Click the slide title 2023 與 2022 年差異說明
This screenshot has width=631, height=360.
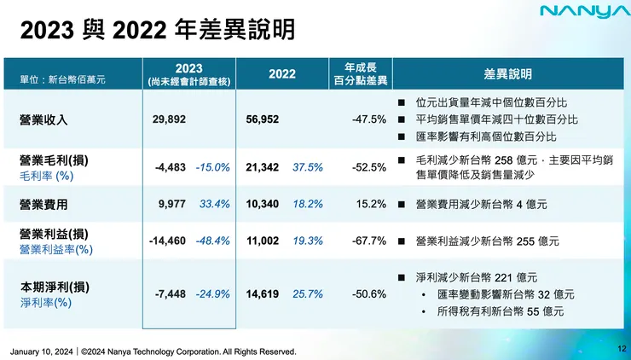pyautogui.click(x=158, y=32)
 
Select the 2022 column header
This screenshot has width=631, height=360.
pyautogui.click(x=282, y=74)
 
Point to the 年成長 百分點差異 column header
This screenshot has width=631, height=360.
pyautogui.click(x=361, y=74)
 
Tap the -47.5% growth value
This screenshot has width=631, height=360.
pyautogui.click(x=369, y=119)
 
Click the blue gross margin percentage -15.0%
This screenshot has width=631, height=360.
pyautogui.click(x=212, y=168)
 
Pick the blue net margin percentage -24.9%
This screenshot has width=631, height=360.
pyautogui.click(x=212, y=294)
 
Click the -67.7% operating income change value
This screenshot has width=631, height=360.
pyautogui.click(x=369, y=241)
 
